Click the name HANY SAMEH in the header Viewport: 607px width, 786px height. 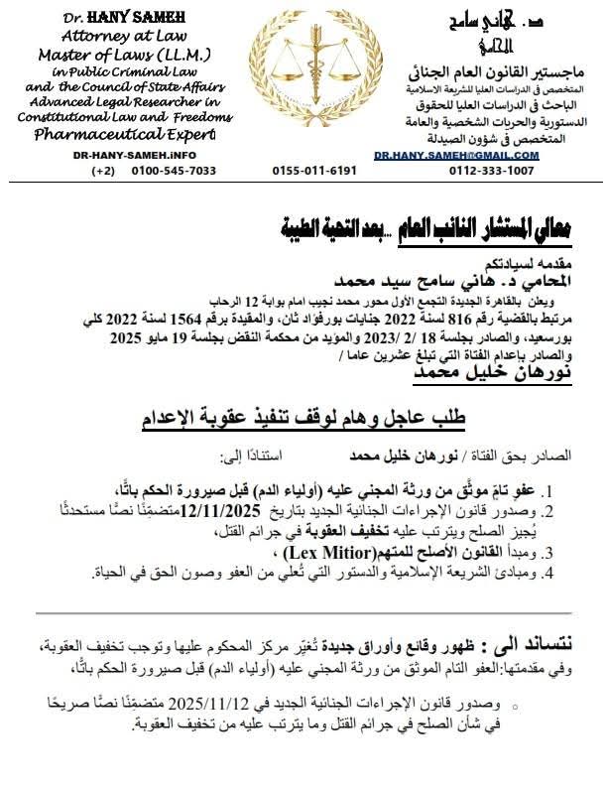137,16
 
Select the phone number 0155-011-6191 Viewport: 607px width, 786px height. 314,171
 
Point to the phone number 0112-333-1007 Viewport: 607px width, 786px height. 492,171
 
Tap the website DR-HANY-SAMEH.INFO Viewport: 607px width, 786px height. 135,156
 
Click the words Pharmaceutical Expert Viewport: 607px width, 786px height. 135,135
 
